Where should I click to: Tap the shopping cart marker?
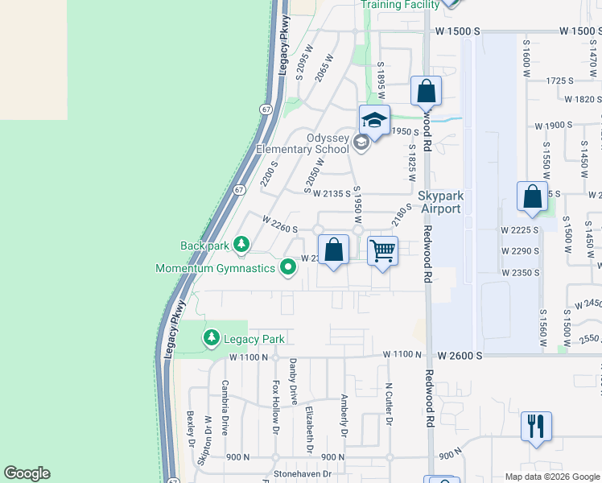(x=382, y=250)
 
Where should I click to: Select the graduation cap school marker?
(x=373, y=119)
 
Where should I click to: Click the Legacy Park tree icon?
(x=211, y=338)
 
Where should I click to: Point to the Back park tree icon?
(x=241, y=243)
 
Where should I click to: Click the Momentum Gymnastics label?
(x=215, y=269)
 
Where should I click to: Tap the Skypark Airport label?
(x=439, y=202)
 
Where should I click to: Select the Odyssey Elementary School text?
(x=303, y=143)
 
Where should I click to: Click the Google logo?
(x=27, y=473)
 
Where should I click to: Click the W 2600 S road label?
(x=460, y=355)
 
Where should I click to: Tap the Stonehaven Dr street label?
(x=303, y=475)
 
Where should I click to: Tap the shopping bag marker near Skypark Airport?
(x=532, y=197)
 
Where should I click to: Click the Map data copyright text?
(x=550, y=477)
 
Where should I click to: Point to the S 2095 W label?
(x=303, y=62)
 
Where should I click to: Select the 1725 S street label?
(x=559, y=80)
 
